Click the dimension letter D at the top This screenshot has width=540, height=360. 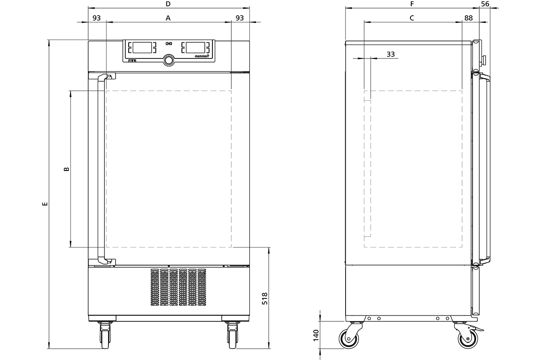[x=168, y=4]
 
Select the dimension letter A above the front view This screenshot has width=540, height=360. [x=168, y=18]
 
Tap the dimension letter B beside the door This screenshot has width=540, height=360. [x=66, y=169]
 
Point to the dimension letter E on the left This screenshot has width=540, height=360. [x=45, y=204]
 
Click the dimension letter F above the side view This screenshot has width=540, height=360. [x=412, y=4]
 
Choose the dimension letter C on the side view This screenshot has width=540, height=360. [x=412, y=18]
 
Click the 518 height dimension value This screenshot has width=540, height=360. [x=265, y=298]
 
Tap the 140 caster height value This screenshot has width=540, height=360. [x=316, y=335]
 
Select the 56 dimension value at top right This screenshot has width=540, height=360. [x=485, y=4]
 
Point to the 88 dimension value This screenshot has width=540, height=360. [x=468, y=18]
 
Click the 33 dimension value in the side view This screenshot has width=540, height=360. [x=391, y=54]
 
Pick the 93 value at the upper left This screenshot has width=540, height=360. [x=96, y=18]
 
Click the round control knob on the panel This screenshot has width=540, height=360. [x=169, y=60]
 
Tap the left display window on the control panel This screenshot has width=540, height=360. [x=142, y=48]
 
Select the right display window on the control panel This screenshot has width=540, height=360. [x=195, y=48]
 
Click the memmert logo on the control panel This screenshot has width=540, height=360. [x=202, y=56]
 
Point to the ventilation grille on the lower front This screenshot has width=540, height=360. [x=178, y=287]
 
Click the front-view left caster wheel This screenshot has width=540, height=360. [x=105, y=336]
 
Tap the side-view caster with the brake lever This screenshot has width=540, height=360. [x=468, y=337]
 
